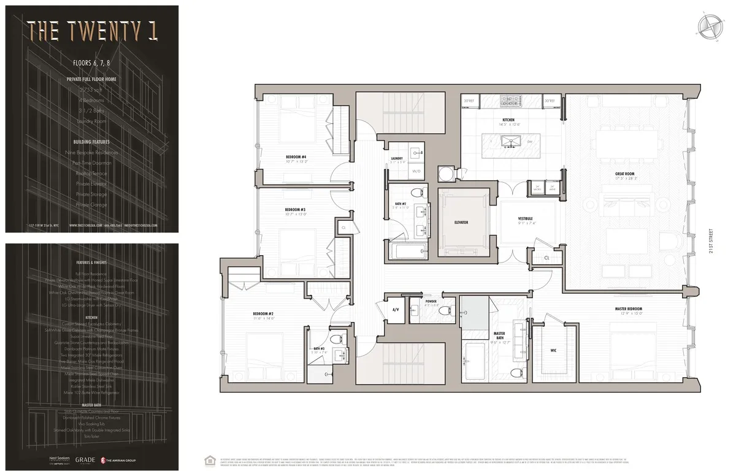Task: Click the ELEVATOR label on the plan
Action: pos(462,221)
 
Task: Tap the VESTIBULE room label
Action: pos(526,218)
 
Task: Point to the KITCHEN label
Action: pos(508,120)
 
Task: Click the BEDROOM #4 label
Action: pos(296,157)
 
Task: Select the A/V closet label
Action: pos(396,310)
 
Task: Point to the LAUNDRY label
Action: pos(397,158)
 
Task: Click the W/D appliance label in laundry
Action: pos(416,171)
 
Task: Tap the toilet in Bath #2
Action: pos(419,192)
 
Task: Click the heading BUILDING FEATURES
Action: pos(91,142)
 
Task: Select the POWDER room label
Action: pos(431,302)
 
